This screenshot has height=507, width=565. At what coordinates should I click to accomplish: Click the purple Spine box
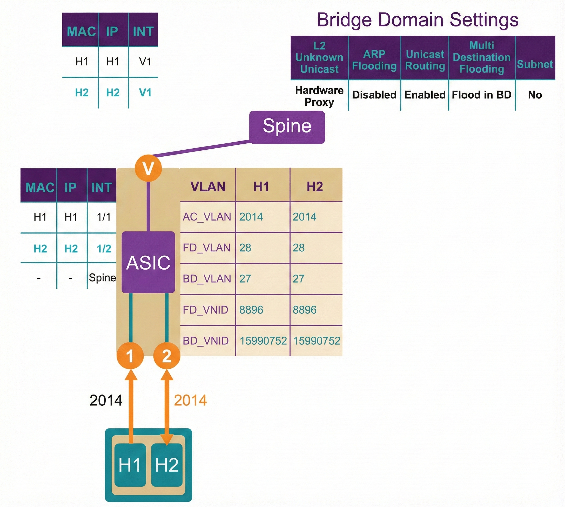287,127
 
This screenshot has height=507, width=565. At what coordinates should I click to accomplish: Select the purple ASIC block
148,262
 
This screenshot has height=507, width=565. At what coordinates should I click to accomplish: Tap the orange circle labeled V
148,168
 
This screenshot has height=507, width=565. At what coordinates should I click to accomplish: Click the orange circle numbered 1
130,356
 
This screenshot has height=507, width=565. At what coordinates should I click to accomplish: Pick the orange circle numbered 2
167,356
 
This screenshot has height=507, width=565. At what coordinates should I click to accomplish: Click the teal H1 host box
130,465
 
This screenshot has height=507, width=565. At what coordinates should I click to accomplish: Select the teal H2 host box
167,465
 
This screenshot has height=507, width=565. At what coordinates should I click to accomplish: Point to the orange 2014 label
191,400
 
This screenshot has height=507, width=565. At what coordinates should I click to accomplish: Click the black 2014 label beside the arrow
106,400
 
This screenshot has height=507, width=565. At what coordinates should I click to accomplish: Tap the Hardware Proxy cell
319,96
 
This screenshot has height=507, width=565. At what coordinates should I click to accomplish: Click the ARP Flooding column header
374,60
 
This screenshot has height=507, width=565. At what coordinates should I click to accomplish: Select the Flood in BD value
481,95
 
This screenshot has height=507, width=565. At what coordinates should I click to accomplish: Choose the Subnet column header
535,64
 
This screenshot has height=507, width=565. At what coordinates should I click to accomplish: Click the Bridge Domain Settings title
418,20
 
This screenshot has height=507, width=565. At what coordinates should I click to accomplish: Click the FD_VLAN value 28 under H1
245,248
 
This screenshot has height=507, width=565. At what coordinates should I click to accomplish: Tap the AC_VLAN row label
207,217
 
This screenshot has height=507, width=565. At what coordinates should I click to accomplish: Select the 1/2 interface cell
104,249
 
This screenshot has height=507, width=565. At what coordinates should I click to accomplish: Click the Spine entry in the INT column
102,278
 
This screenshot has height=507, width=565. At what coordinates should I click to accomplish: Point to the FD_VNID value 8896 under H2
304,310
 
